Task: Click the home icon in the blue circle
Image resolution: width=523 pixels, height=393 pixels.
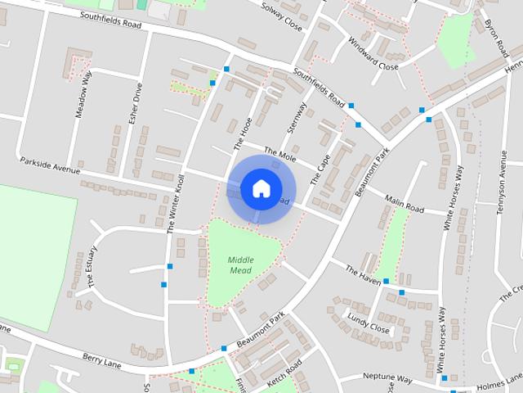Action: pos(261,188)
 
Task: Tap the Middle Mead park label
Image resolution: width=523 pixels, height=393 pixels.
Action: pos(240,264)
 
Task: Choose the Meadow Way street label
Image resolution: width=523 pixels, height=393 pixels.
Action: pos(83,95)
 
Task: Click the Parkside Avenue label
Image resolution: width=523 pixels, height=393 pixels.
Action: pos(50,165)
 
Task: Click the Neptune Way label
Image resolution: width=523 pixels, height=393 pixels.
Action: pos(387,379)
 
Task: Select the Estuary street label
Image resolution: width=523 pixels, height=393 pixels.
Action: pos(92,266)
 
